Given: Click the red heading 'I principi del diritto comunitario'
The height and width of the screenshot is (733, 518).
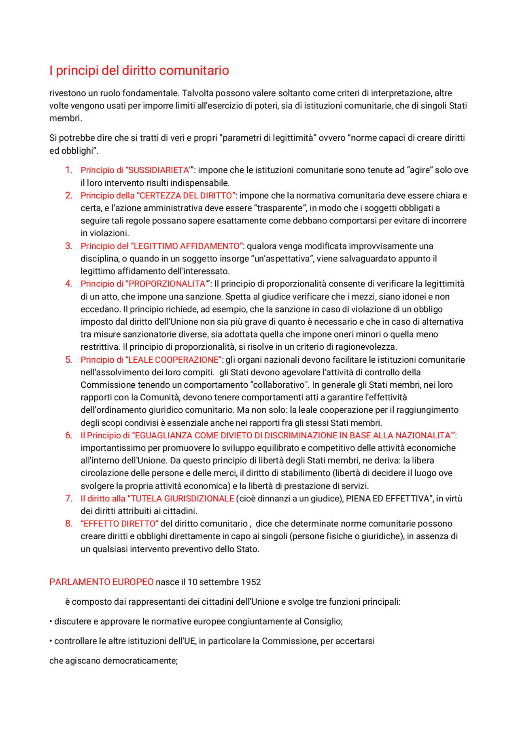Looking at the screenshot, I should point(139,71).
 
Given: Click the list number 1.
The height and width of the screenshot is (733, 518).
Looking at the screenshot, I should point(69,170).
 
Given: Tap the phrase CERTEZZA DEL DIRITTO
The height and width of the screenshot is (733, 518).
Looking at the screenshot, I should point(186,196).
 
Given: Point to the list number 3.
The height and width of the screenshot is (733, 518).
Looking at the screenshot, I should point(69,246).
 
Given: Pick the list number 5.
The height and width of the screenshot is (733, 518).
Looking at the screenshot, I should point(69,360).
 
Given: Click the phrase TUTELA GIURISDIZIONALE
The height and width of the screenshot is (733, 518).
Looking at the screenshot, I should point(183,499).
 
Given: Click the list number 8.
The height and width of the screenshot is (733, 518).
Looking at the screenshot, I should point(69,524).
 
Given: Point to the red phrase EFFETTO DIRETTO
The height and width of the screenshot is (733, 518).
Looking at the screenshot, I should point(119,524).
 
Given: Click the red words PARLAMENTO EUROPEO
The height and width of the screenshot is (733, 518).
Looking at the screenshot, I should point(101,582).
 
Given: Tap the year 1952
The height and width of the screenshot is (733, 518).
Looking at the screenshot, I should point(251,582).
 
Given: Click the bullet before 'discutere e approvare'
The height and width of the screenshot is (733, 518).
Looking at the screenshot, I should point(51,622).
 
